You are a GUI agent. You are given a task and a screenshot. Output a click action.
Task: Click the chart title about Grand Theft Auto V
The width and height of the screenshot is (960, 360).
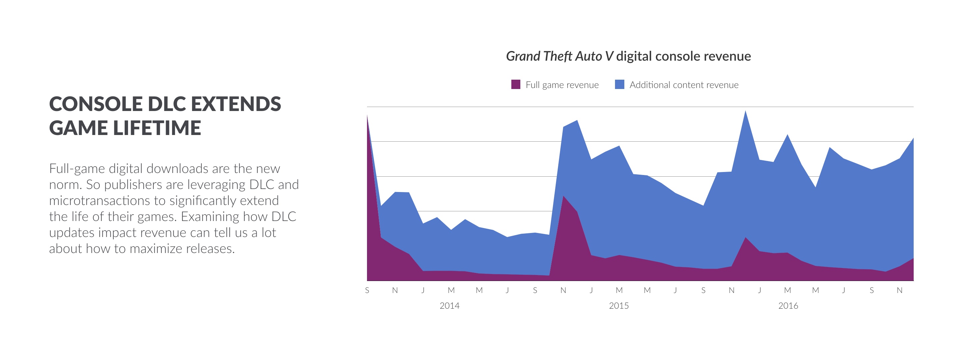pyautogui.click(x=628, y=56)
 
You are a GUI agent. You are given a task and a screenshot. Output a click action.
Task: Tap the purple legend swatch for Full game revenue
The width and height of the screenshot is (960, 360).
pyautogui.click(x=515, y=85)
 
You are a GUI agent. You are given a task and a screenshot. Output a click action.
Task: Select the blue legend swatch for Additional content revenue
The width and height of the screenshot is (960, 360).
pyautogui.click(x=619, y=85)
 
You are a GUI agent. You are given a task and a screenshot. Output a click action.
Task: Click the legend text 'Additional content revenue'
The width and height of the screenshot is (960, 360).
pyautogui.click(x=684, y=85)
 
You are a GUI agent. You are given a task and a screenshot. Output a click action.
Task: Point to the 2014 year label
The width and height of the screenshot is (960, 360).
pyautogui.click(x=449, y=306)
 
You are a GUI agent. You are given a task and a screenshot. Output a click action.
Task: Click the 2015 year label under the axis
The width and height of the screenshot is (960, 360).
pyautogui.click(x=619, y=306)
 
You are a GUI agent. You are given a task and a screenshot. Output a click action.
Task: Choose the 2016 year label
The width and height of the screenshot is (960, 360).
pyautogui.click(x=788, y=306)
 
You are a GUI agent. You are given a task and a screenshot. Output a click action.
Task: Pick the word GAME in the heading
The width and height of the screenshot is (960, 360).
pyautogui.click(x=78, y=128)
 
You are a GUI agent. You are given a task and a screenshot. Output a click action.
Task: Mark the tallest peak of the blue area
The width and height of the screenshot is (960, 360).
pyautogui.click(x=745, y=112)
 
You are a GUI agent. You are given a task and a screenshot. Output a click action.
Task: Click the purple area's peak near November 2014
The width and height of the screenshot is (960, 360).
pyautogui.click(x=563, y=197)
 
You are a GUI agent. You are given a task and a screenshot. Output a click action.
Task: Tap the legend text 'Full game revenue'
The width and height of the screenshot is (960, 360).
pyautogui.click(x=562, y=85)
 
